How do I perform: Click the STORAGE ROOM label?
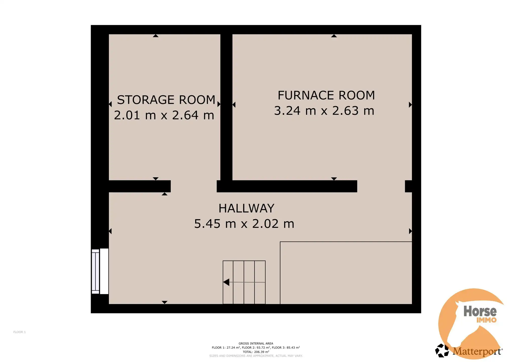point(166,100)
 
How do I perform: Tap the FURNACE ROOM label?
point(326,95)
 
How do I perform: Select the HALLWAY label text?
point(246,208)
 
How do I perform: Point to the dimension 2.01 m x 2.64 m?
point(164,115)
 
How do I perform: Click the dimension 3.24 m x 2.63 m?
point(324,111)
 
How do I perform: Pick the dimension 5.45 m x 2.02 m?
point(244,223)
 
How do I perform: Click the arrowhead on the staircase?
point(226,282)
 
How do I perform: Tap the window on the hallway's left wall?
point(100,271)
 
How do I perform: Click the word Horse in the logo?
point(480,311)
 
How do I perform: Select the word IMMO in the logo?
point(487,320)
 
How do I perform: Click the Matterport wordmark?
point(477,351)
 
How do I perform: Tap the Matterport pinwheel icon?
point(442,350)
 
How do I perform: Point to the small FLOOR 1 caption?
point(20,332)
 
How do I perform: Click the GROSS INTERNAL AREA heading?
point(256,343)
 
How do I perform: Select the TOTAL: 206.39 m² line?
point(256,352)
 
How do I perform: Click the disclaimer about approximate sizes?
point(256,356)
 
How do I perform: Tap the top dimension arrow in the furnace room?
point(334,36)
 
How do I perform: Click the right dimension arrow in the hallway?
point(410,231)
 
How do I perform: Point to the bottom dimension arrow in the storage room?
point(156,179)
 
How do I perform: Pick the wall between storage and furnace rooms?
point(226,107)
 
